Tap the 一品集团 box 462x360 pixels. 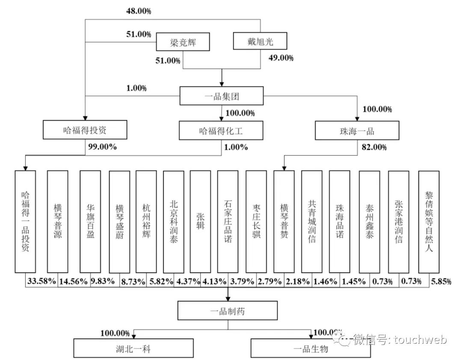[x=221, y=96]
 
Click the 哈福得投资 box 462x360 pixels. [x=85, y=130]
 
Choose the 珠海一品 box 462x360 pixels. [x=357, y=130]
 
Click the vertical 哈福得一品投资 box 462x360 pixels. [x=25, y=222]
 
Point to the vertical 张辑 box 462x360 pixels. [x=200, y=222]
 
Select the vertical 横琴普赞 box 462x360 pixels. [x=284, y=222]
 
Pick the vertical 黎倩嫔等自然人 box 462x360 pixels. [x=429, y=222]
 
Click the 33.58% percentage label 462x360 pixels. [x=41, y=281]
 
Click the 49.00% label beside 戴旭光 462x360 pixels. [x=281, y=58]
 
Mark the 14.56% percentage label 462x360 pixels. [x=73, y=281]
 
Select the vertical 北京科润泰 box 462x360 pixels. [x=173, y=222]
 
